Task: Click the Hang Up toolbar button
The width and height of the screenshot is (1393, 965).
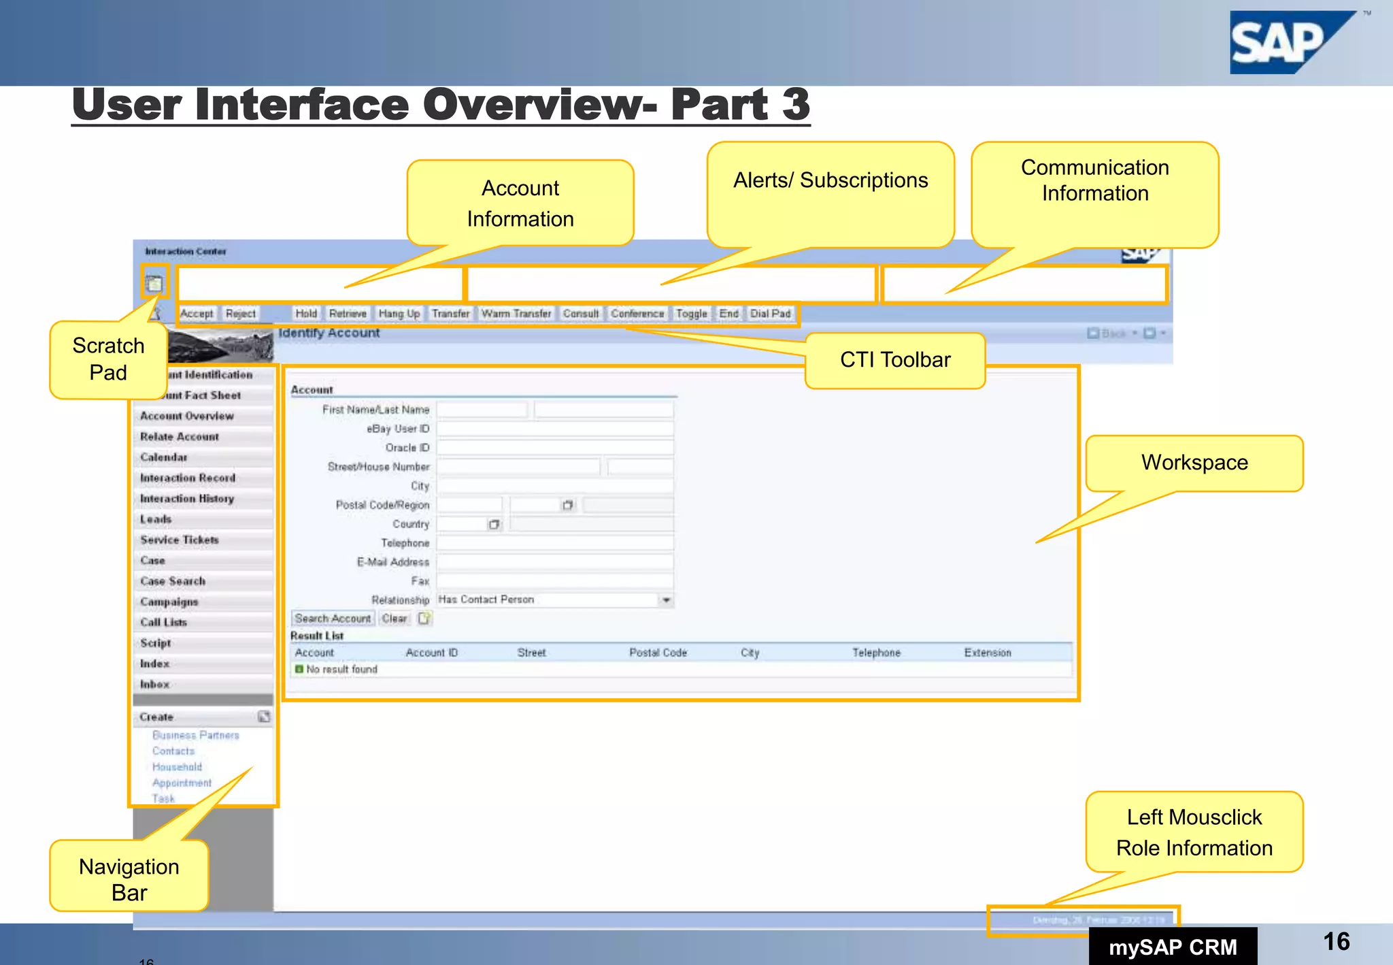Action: coord(399,314)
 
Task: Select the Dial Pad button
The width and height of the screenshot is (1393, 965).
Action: coord(770,314)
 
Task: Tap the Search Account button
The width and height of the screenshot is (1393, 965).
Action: coord(333,619)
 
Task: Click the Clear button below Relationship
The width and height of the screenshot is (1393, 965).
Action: coord(394,619)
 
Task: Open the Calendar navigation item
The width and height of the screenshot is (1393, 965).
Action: coord(164,457)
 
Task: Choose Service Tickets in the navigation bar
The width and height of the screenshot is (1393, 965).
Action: coord(180,540)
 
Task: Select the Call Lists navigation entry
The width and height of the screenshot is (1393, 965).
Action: coord(163,623)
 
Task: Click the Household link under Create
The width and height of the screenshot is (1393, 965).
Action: coord(177,767)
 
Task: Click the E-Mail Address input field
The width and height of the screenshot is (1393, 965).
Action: coord(554,562)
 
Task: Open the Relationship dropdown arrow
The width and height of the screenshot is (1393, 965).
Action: coord(666,600)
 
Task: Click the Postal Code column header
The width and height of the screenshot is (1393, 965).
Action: coord(658,653)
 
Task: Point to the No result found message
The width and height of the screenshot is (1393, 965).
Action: coord(341,670)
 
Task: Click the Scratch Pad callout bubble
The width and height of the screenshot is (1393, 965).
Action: coord(108,359)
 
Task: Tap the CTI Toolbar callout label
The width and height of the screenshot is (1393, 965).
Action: coord(894,360)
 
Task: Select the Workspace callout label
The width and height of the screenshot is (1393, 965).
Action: coord(1194,463)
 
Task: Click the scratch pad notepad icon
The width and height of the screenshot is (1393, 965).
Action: coord(154,283)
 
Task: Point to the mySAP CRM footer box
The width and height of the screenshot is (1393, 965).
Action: coord(1173,947)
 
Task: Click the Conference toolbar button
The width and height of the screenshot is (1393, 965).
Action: coord(637,314)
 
